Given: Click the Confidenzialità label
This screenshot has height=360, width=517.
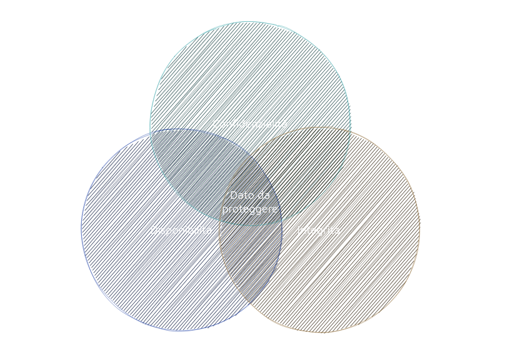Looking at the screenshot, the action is (250, 124).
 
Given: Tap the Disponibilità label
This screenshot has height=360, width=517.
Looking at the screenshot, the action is (181, 230).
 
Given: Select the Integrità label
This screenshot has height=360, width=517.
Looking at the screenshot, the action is (319, 230).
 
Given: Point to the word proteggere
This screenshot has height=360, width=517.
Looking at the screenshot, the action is (250, 209).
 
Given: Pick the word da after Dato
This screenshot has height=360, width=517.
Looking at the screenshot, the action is (263, 196).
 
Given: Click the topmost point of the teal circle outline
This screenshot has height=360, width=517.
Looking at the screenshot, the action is (250, 22).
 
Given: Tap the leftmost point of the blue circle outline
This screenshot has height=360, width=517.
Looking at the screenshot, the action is (81, 229).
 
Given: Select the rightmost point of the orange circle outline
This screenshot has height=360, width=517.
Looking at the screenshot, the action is (419, 229).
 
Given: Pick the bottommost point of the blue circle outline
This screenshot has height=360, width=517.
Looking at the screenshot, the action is (181, 330).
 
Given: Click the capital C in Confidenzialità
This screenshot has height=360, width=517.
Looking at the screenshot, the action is (216, 124).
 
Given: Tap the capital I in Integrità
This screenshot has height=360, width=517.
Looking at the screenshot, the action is (299, 230).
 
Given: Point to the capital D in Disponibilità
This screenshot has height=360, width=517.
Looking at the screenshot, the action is (154, 230).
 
